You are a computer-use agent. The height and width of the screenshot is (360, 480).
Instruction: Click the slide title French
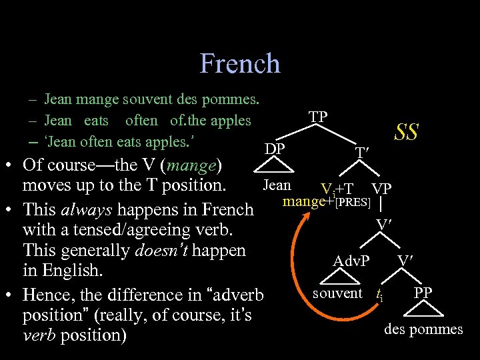[x=240, y=64]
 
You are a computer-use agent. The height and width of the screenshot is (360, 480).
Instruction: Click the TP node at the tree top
[x=318, y=117]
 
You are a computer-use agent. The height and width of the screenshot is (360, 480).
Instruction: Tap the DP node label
[x=275, y=149]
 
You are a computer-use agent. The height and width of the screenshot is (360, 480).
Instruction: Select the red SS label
[x=406, y=132]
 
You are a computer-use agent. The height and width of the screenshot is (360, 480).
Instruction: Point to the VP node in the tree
[x=381, y=188]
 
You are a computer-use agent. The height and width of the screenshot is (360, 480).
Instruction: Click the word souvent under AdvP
[x=337, y=293]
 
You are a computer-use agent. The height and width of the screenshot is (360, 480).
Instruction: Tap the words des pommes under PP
[x=423, y=329]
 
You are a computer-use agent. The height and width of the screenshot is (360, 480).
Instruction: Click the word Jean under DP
[x=277, y=185]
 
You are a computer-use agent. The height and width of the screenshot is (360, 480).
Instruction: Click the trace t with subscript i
[x=379, y=294]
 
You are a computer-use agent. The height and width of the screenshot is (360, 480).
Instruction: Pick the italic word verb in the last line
[x=39, y=335]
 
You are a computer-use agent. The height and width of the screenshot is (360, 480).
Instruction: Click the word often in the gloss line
[x=141, y=121]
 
